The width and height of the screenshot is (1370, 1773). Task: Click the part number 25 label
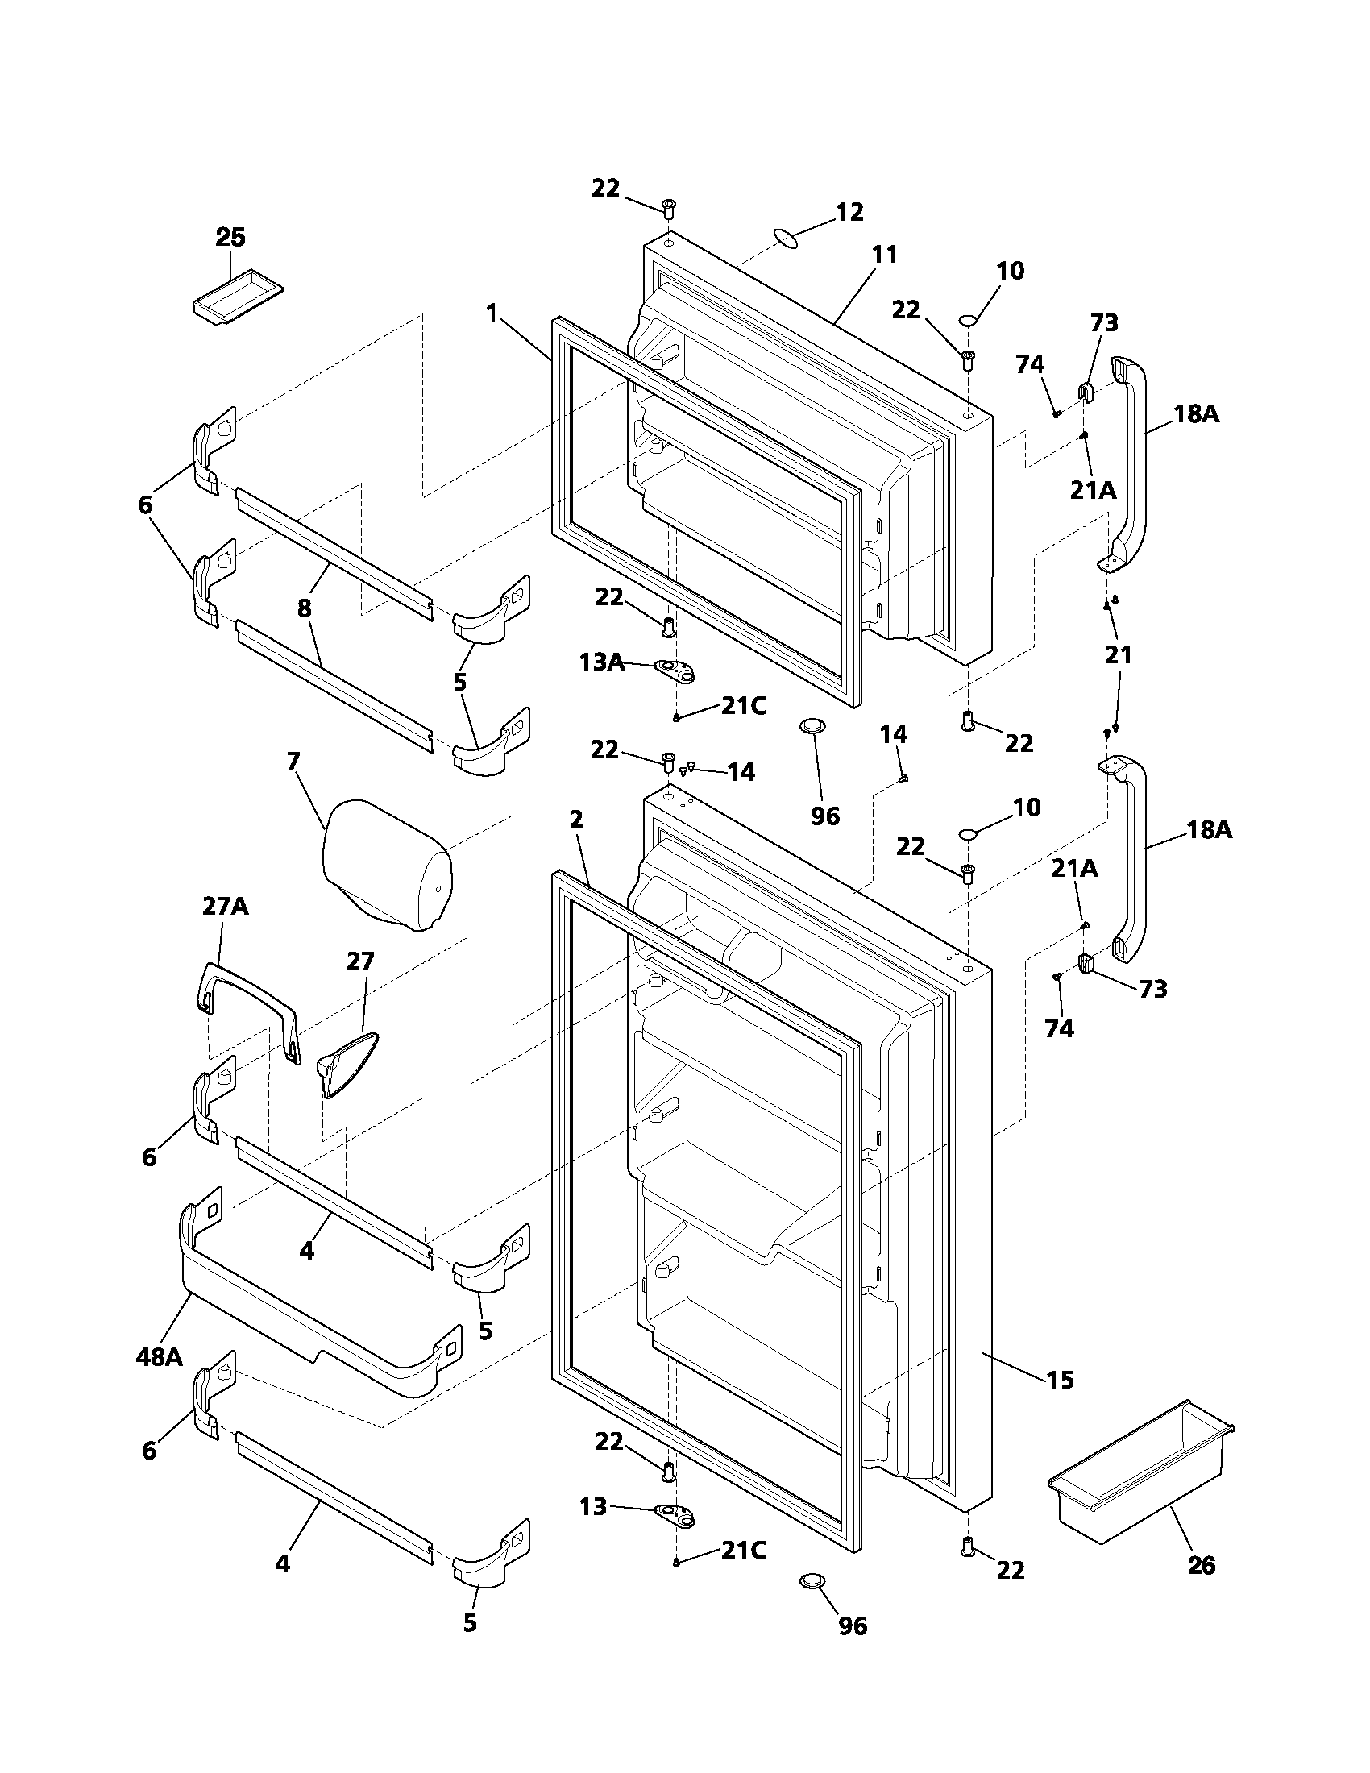tap(230, 238)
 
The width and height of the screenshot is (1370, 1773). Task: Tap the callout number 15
tap(1060, 1380)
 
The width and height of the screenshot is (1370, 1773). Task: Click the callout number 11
tap(884, 255)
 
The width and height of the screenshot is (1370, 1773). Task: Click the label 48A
tap(159, 1356)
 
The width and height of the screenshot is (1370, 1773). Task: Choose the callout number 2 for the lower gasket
tap(576, 820)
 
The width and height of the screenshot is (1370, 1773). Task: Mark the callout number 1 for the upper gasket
tap(492, 313)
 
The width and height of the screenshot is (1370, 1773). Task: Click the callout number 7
tap(293, 762)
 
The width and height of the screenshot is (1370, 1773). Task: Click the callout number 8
tap(305, 608)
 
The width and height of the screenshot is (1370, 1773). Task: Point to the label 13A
tap(601, 662)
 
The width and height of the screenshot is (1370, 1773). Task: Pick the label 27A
tap(225, 906)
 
